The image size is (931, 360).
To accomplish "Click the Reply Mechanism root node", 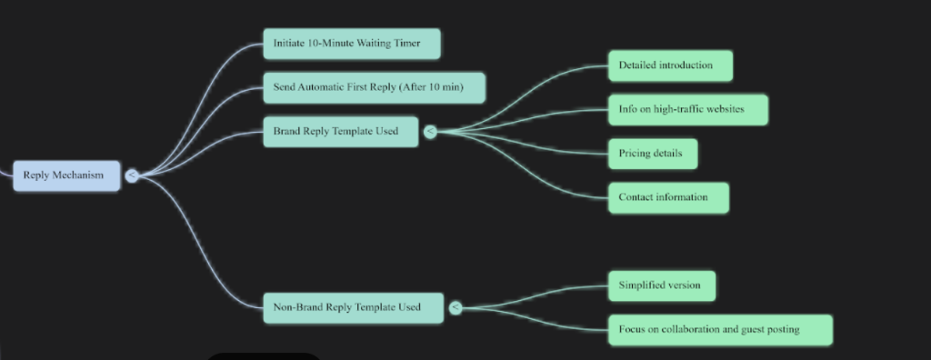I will pyautogui.click(x=65, y=175).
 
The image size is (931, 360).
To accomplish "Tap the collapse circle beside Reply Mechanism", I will pyautogui.click(x=132, y=175).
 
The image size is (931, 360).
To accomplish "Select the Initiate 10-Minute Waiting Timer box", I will pyautogui.click(x=351, y=44).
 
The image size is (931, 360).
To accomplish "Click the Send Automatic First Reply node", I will pyautogui.click(x=374, y=87).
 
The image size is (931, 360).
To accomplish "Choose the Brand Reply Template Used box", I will pyautogui.click(x=340, y=131).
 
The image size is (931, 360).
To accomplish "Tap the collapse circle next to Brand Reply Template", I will pyautogui.click(x=430, y=131).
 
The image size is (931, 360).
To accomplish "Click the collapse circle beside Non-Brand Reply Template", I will pyautogui.click(x=455, y=307).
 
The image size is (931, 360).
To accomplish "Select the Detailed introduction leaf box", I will pyautogui.click(x=670, y=65).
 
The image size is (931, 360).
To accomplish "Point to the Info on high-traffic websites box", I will pyautogui.click(x=687, y=109).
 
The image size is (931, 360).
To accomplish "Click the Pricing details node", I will pyautogui.click(x=652, y=153).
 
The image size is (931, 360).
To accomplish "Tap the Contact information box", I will pyautogui.click(x=669, y=196).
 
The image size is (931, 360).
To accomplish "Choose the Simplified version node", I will pyautogui.click(x=661, y=285).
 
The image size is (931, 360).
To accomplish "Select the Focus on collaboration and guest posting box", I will pyautogui.click(x=719, y=329).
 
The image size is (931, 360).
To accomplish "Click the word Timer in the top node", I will pyautogui.click(x=406, y=44).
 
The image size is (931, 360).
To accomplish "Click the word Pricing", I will pyautogui.click(x=636, y=153).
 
